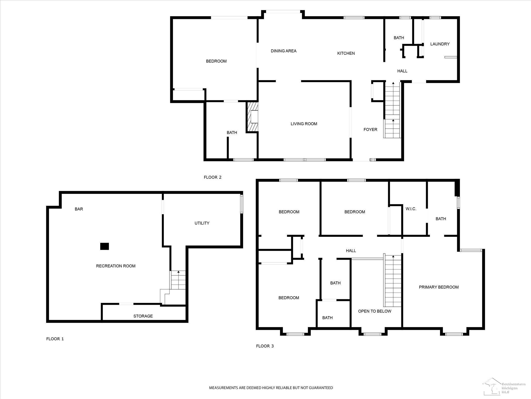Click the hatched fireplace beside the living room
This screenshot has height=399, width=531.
click(252, 117)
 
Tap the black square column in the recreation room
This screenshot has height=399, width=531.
click(104, 246)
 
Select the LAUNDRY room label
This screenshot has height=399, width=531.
click(440, 44)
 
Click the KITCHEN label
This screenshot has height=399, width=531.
click(346, 53)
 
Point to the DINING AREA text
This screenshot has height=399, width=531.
click(283, 51)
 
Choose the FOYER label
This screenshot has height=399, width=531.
click(370, 129)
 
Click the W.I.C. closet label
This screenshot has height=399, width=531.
click(411, 209)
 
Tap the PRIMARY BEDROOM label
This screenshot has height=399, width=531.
click(439, 287)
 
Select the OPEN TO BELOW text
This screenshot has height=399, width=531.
click(375, 311)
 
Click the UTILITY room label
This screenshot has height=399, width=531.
click(202, 223)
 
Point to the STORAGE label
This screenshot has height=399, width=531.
click(143, 316)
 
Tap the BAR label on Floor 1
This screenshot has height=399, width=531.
click(79, 209)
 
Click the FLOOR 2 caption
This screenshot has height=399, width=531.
click(213, 177)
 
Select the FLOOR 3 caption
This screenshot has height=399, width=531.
click(265, 346)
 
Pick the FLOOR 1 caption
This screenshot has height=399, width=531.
click(55, 339)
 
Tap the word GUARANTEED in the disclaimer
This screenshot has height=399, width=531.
click(320, 388)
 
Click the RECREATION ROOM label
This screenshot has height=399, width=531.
click(116, 266)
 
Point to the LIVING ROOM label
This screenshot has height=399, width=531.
click(304, 124)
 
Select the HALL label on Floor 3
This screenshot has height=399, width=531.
click(351, 251)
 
